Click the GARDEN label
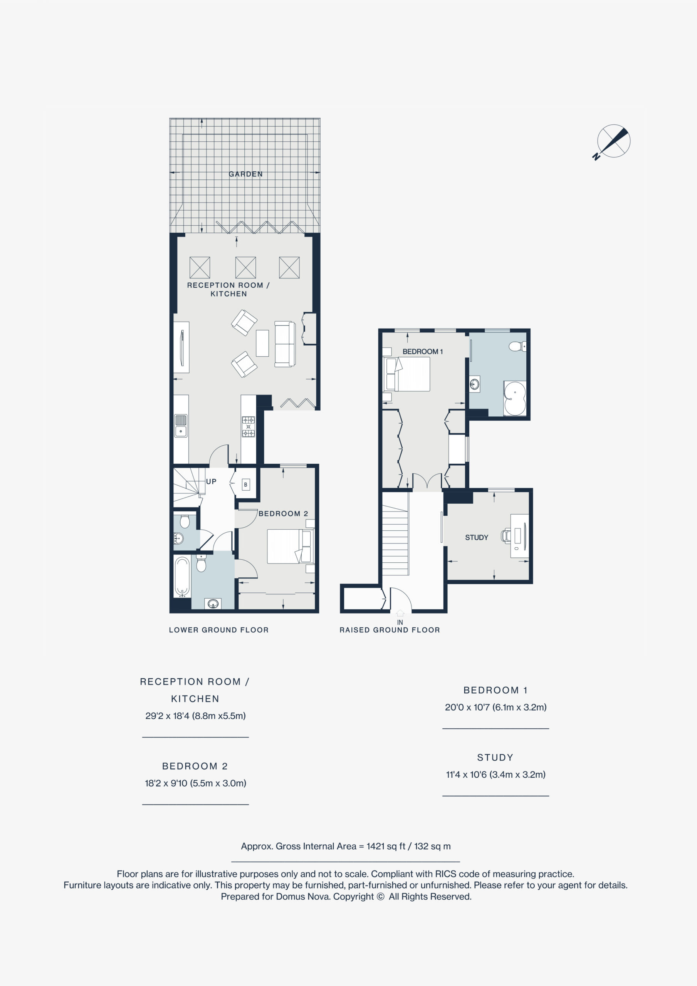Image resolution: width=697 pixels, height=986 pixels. pos(245,174)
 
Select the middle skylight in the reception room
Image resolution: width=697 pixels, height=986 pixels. pos(245,268)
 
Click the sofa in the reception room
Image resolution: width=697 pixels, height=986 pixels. pos(285,344)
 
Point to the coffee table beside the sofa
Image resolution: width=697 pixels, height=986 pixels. pos(262,343)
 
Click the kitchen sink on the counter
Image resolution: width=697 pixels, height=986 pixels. pos(180,426)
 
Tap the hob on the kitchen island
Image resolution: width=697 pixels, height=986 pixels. pos(249,426)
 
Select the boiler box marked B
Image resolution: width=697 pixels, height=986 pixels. pos(246,485)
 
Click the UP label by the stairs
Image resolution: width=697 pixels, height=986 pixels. pos(211,481)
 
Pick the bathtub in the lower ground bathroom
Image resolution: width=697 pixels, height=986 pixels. pos(182,576)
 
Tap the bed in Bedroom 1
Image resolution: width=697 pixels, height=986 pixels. pos(406,374)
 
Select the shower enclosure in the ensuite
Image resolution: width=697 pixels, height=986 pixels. pos(514,398)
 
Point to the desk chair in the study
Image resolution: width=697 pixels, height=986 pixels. pos(506,535)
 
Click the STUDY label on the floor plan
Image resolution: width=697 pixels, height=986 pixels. pos(477,537)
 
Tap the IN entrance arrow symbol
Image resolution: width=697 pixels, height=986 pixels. pos(400,613)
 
